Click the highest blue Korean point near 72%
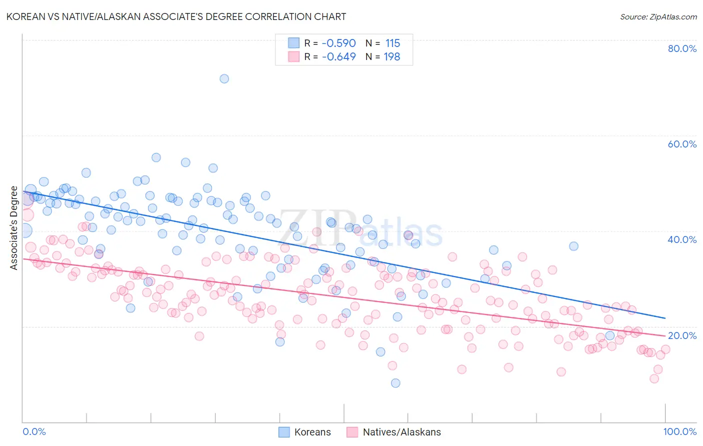[224, 78]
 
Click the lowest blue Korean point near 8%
[395, 383]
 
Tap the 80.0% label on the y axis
[682, 48]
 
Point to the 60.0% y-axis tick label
[682, 144]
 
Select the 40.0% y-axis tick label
[682, 239]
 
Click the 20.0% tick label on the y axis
[682, 335]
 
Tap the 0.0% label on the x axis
[34, 431]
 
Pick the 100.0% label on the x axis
[680, 431]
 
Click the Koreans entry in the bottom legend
[312, 432]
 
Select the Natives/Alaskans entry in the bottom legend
[402, 432]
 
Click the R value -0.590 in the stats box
[338, 43]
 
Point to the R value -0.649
[338, 56]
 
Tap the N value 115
[392, 43]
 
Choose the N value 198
[392, 56]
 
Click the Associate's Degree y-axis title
[14, 228]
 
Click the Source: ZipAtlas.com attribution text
[658, 17]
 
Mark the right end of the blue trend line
[665, 318]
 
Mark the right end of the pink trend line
[665, 335]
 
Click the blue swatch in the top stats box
[293, 43]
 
